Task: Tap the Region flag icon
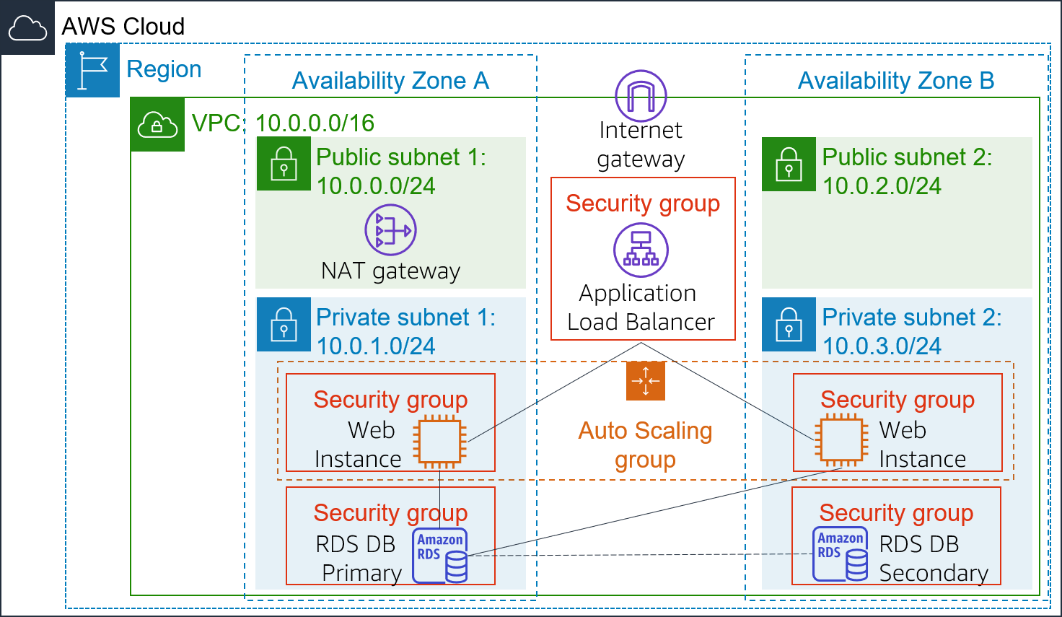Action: [92, 70]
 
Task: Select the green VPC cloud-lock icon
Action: [157, 125]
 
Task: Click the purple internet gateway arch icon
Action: [641, 96]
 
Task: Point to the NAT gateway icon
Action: [390, 230]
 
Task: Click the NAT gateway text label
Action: [390, 271]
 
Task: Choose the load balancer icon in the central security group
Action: [641, 250]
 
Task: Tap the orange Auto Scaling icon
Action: [645, 380]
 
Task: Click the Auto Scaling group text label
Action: [645, 445]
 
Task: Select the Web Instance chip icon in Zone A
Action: [439, 441]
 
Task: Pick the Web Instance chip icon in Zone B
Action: [841, 439]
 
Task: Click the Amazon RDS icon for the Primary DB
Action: [440, 555]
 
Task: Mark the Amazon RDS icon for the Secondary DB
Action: [841, 553]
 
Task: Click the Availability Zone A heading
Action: [390, 81]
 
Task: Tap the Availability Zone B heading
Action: [895, 81]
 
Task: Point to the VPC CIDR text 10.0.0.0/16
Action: [315, 123]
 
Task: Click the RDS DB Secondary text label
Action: [932, 558]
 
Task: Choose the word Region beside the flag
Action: [164, 69]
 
